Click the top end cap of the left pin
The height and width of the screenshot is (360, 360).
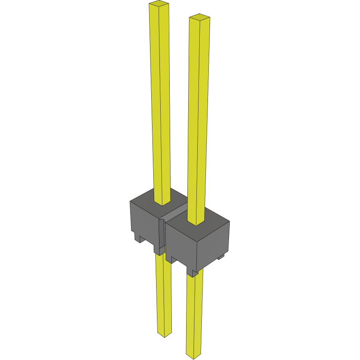tap(159, 4)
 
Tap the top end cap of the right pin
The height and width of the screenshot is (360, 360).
tap(200, 17)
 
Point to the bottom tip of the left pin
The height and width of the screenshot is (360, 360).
tap(164, 335)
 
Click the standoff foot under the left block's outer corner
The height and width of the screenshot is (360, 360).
tap(138, 237)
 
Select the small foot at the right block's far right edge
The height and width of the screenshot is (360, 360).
tap(221, 257)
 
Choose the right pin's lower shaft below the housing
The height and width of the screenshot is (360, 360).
tap(194, 312)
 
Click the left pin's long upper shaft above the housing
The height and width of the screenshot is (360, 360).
tap(161, 103)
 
